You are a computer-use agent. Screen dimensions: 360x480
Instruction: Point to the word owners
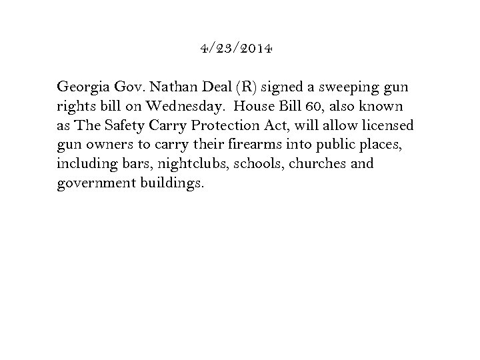click(x=105, y=145)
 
